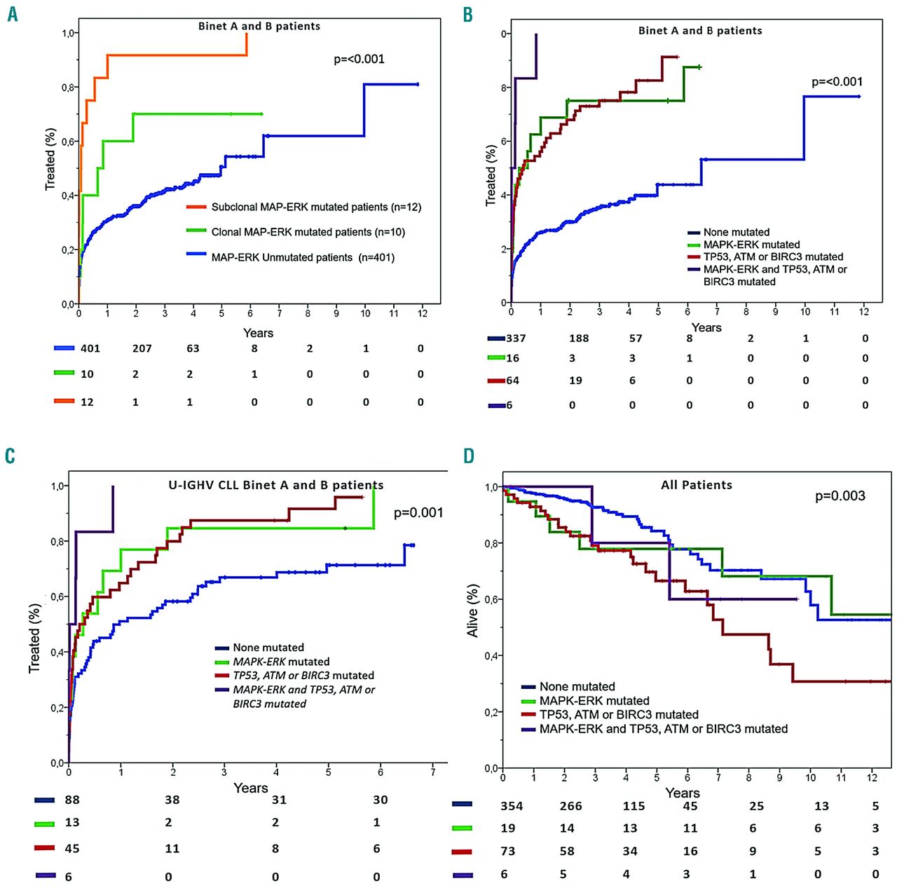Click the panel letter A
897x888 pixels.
tap(12, 13)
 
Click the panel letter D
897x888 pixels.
tap(469, 456)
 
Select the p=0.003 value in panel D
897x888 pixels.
tap(840, 496)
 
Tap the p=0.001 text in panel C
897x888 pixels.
tap(418, 513)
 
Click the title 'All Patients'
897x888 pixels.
tap(697, 485)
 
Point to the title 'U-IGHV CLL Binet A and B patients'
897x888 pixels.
tap(275, 485)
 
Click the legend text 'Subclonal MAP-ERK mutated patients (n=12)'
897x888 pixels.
tap(316, 207)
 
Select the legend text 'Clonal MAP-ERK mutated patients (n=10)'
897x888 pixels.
tap(308, 232)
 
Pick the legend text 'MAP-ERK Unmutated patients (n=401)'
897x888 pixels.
tap(303, 257)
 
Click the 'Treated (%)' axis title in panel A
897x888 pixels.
tap(50, 159)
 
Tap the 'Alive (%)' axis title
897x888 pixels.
tap(473, 610)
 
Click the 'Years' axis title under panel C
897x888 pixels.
tap(250, 788)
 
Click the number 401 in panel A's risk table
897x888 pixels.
tap(90, 348)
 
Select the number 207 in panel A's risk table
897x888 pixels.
tap(142, 348)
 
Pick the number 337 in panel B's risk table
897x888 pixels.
tap(516, 339)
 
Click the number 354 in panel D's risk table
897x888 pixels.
tap(512, 806)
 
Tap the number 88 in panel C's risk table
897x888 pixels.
tap(72, 800)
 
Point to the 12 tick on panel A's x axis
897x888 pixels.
tap(423, 313)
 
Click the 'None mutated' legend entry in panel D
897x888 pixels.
tap(577, 687)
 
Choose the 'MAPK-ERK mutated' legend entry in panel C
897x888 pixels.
tap(281, 662)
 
